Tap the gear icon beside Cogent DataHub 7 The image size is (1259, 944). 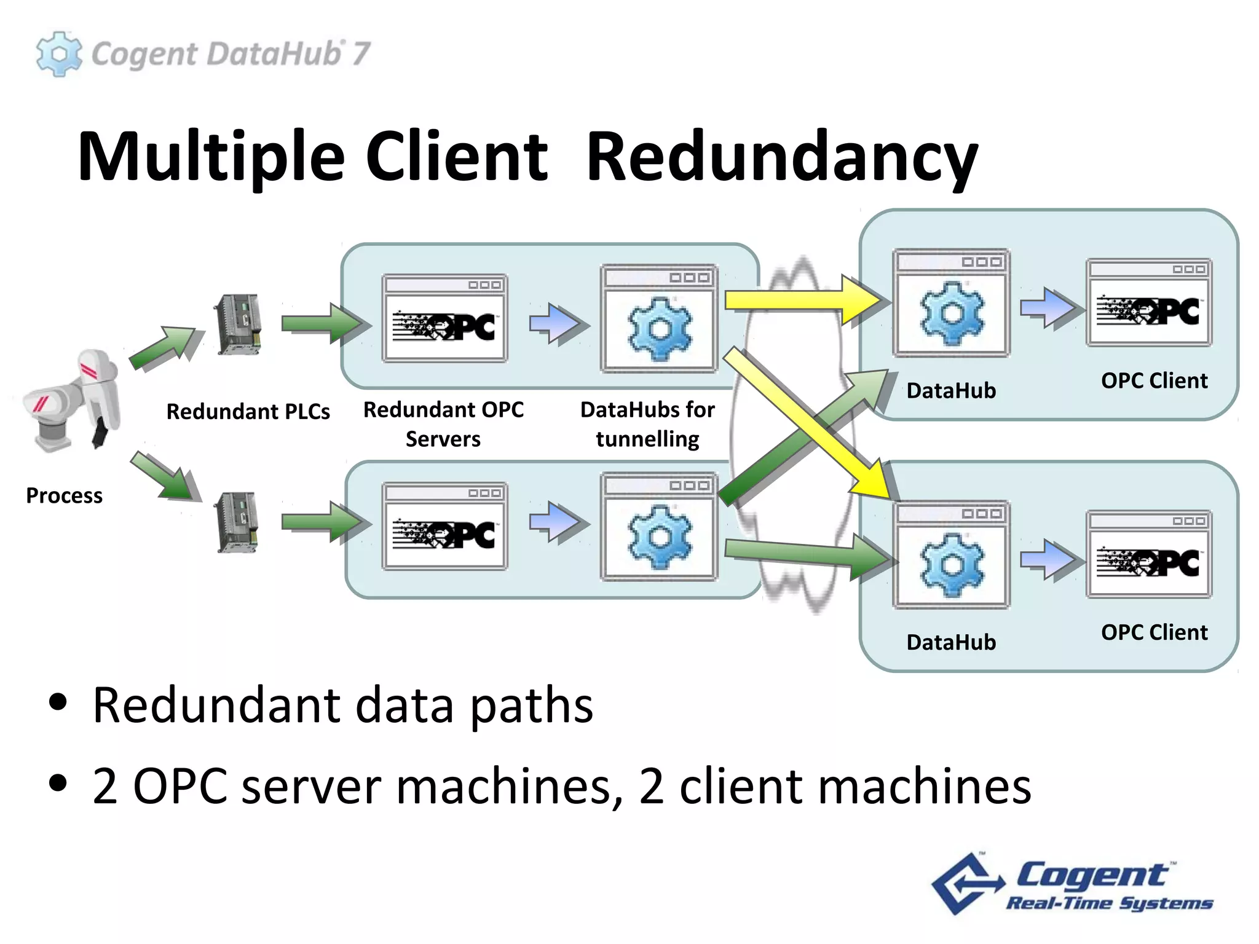58,54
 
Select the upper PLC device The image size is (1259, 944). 239,324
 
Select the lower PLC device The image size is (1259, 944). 237,522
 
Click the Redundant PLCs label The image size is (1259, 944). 248,411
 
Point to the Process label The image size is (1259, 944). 64,495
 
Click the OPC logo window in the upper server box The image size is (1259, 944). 444,318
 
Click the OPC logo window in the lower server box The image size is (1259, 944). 444,527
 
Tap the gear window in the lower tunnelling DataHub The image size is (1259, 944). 659,527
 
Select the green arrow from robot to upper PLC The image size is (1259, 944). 163,348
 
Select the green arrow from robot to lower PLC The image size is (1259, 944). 165,475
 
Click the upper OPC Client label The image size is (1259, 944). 1154,380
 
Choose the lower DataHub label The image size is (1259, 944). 950,642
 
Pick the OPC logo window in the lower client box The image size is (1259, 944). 1148,555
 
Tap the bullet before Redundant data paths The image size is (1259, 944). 58,702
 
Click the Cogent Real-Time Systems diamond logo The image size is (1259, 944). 966,884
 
